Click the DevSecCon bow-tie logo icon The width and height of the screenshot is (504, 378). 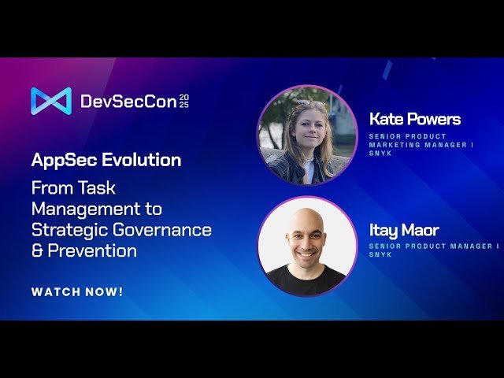point(50,101)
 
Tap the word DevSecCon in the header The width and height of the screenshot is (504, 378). point(128,101)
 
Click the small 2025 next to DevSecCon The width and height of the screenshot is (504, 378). point(184,101)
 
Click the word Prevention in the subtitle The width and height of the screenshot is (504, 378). point(92,251)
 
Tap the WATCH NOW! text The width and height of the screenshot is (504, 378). point(77,292)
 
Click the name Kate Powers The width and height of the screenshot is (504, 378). point(414,119)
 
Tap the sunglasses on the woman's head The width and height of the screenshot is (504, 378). point(309,105)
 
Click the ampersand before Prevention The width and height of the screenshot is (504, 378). point(37,251)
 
